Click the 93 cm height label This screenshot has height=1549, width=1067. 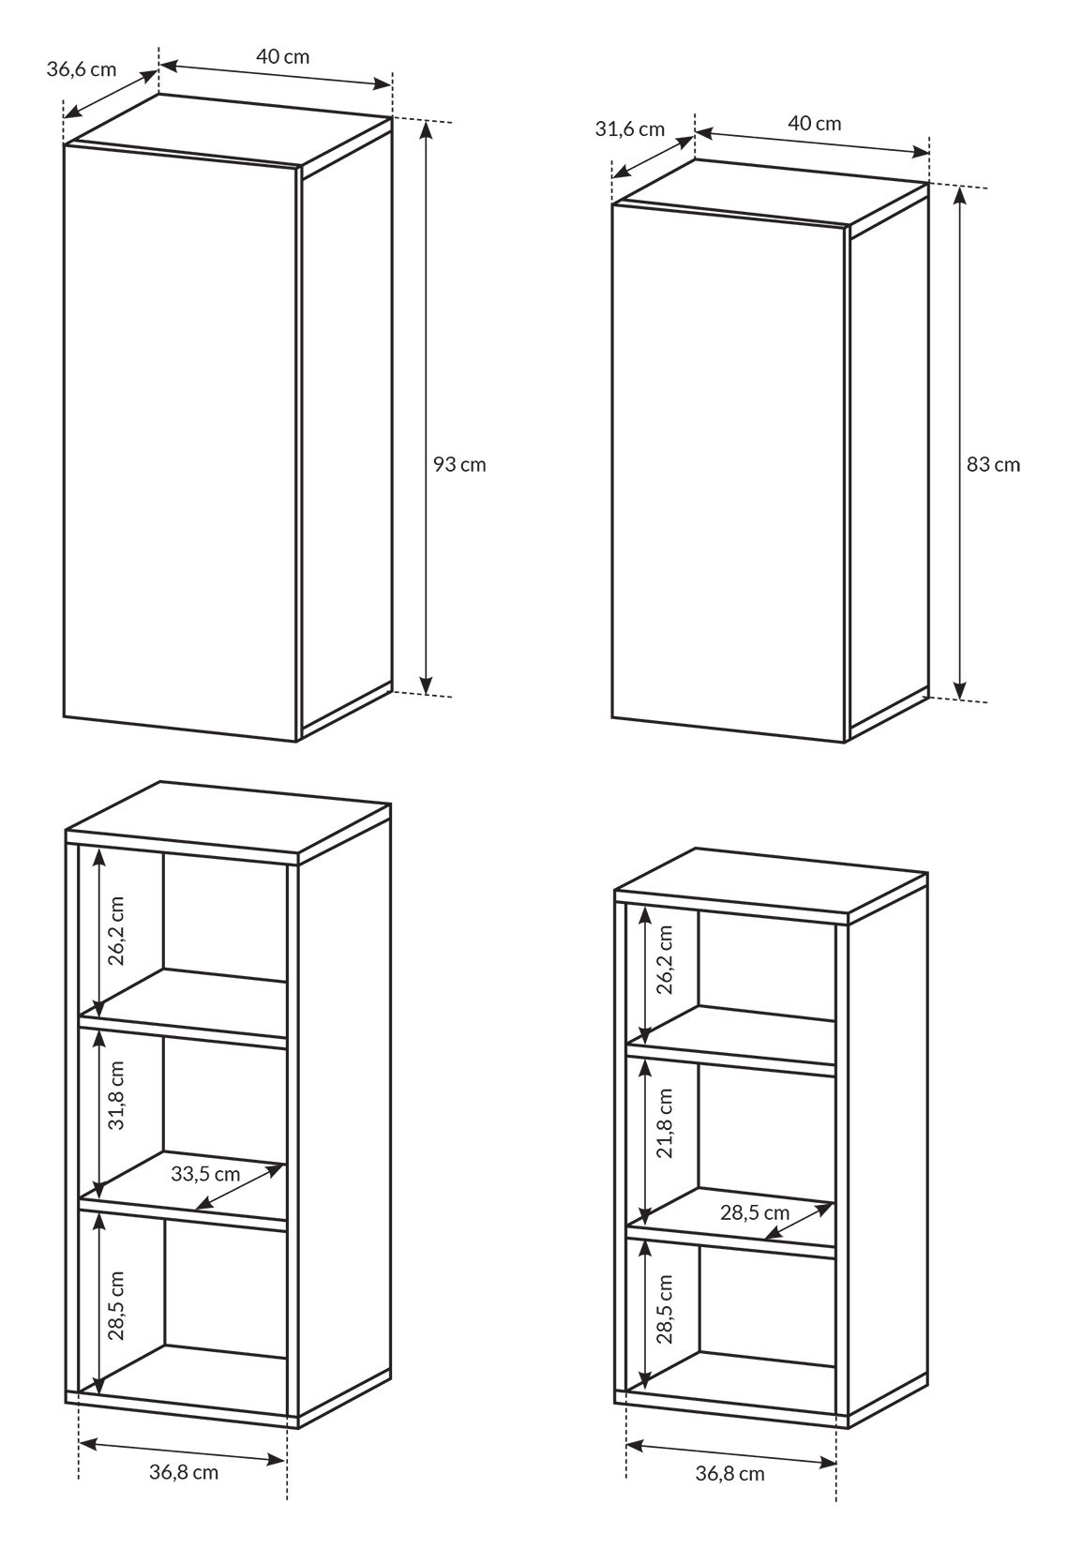click(459, 465)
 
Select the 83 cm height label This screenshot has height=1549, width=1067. click(993, 465)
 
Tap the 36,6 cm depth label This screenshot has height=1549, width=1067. click(82, 69)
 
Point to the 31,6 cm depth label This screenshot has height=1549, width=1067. click(629, 129)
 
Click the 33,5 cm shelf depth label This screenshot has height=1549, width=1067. click(205, 1174)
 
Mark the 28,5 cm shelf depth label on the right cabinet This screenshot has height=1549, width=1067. click(755, 1212)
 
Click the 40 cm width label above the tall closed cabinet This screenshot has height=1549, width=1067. click(283, 56)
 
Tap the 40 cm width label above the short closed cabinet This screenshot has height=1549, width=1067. click(815, 124)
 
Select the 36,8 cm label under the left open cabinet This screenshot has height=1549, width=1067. click(184, 1471)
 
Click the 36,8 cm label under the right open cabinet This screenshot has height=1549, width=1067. click(730, 1474)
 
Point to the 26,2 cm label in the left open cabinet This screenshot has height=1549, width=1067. click(116, 931)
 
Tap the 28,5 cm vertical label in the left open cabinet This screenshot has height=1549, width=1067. click(116, 1305)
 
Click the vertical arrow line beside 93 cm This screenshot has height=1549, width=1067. click(427, 407)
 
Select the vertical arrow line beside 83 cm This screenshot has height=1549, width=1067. click(959, 444)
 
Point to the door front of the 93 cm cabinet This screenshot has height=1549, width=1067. click(181, 444)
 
